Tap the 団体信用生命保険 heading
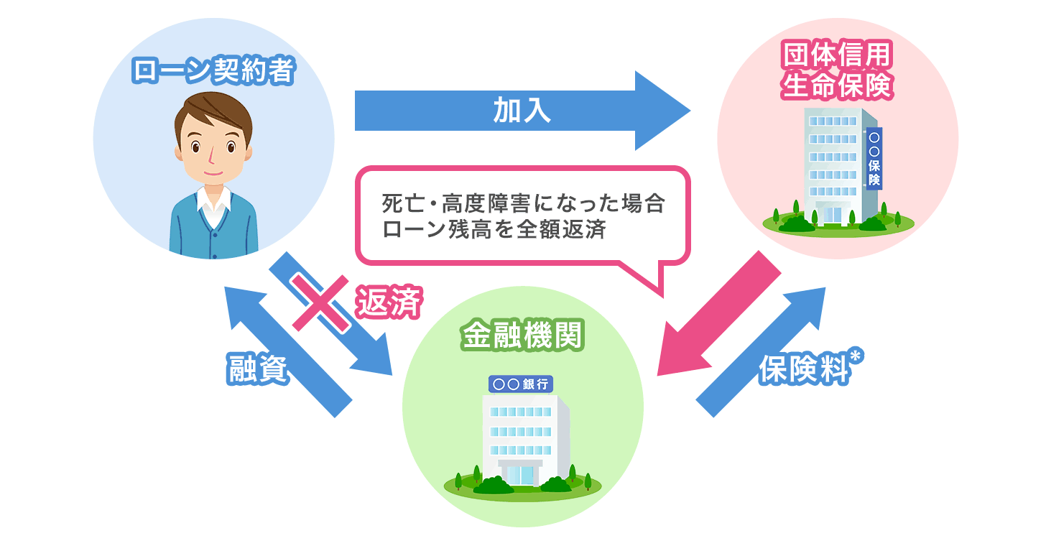coord(837,72)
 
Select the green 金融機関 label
coord(522,336)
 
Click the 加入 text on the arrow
coord(522,111)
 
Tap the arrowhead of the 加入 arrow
coord(661,111)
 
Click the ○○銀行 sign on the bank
coord(521,384)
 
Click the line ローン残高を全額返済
coord(496,230)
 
